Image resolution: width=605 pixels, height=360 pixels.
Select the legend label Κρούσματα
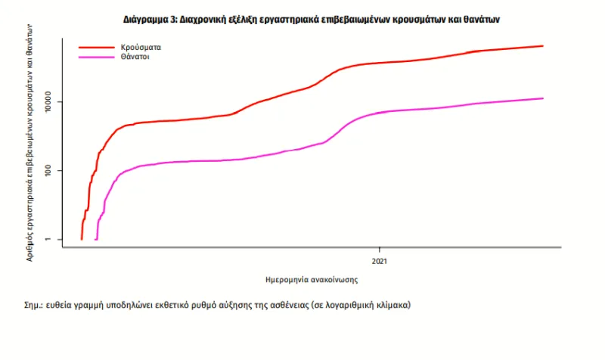141,47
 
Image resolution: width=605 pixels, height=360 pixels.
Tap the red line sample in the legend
95,47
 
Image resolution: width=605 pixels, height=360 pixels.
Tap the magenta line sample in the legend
95,57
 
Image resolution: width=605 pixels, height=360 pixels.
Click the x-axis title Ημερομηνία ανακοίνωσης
312,279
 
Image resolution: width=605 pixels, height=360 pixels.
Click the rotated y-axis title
31,141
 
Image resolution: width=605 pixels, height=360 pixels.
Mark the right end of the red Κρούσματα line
543,46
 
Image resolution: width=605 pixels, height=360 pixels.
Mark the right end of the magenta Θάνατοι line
543,98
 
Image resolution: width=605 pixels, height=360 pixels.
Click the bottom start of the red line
82,239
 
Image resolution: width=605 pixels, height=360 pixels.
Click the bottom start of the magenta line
95,239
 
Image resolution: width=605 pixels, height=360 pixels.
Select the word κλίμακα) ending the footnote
393,306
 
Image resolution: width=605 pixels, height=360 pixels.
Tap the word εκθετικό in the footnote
177,306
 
